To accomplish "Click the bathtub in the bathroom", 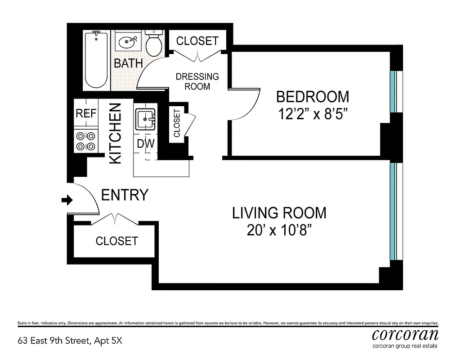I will (x=96, y=60).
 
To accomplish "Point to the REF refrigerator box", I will (x=85, y=113).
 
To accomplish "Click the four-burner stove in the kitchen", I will (x=85, y=140).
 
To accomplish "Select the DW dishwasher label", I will (x=145, y=144).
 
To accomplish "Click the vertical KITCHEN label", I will (x=116, y=133).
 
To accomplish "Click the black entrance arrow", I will (x=67, y=200).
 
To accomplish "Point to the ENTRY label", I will (x=125, y=195).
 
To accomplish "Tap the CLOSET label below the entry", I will (x=116, y=241).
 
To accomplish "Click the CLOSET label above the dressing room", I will (x=197, y=41).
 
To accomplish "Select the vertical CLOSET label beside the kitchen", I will (x=176, y=123).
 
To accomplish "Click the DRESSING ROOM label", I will (x=197, y=81).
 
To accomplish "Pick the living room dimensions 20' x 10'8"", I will (x=279, y=230).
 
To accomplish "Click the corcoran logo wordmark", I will (x=405, y=335).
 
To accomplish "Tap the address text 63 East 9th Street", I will (x=69, y=341).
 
